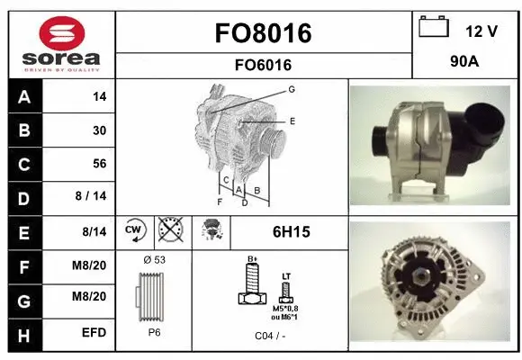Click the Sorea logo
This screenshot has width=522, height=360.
point(59,44)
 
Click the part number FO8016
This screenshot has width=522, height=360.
point(264,33)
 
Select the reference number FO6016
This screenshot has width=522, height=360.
point(264,65)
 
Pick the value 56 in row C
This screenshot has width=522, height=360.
point(99,164)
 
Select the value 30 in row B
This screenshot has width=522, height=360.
point(99,130)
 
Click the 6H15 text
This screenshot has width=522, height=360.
point(291,232)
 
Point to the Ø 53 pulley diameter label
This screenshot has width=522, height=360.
point(154,259)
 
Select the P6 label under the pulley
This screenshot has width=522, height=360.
point(154,331)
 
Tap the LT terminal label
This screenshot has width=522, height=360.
point(286,276)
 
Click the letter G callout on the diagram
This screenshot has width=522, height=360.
point(292,89)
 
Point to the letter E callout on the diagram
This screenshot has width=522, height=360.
point(292,120)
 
